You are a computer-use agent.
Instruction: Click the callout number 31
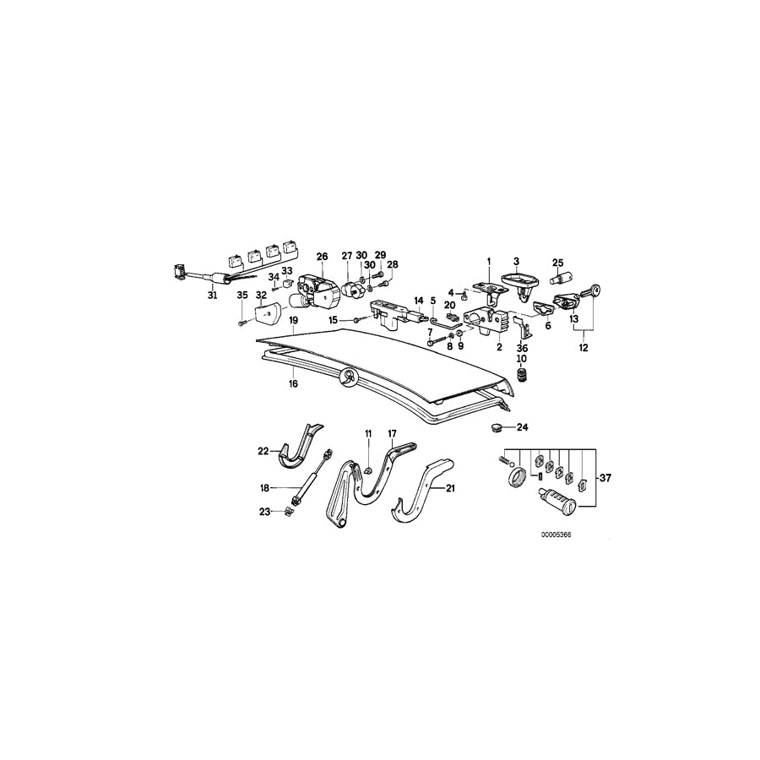212,296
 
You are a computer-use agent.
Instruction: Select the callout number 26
321,256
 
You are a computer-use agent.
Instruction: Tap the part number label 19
293,322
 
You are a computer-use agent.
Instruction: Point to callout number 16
293,383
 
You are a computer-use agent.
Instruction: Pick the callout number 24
522,428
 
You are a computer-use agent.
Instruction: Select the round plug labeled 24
497,428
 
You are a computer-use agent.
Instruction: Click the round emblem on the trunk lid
346,379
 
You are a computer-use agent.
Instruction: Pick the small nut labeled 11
369,470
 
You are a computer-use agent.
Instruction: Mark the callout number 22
263,451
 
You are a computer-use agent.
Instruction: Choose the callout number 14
416,299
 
